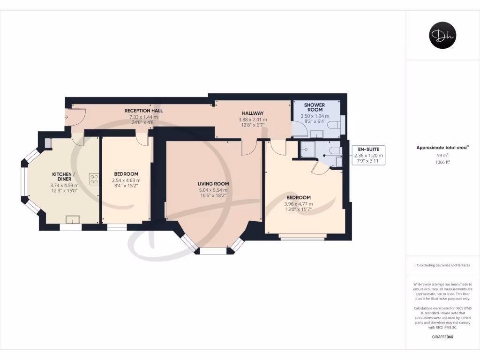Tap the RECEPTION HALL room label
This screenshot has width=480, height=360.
point(143,111)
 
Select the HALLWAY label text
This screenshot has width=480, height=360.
point(253,113)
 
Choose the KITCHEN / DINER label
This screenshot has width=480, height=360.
point(64,176)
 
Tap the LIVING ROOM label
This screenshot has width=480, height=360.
point(213,183)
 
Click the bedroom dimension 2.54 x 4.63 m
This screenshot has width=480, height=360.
point(126,180)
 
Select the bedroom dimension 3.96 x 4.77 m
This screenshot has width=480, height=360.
point(299,204)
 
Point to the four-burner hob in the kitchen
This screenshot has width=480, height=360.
point(94,179)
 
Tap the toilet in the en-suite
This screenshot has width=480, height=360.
point(335,150)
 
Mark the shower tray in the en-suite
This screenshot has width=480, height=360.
point(307,150)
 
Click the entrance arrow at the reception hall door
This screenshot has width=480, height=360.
point(67,117)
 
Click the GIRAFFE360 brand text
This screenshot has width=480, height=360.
point(442,337)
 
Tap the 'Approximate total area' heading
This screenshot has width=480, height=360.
point(442,147)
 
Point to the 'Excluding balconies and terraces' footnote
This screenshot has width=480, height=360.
point(442,265)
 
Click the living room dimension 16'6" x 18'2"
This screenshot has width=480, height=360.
point(213,196)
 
